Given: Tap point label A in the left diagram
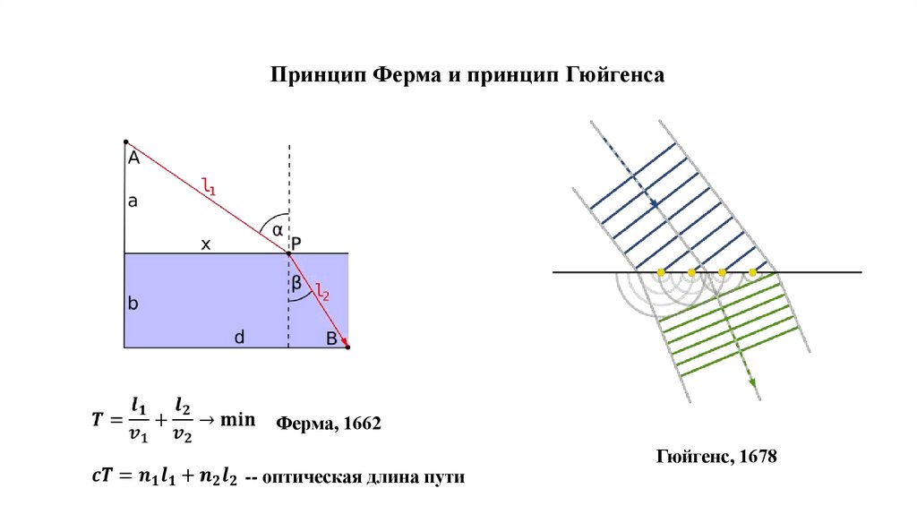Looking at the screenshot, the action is (x=133, y=158).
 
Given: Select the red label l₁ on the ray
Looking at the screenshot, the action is (x=209, y=187).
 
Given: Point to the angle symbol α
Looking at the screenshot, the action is (x=277, y=229).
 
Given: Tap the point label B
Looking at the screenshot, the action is (x=331, y=338).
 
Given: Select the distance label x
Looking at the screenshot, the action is (x=205, y=243).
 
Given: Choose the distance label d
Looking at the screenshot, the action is (x=239, y=337).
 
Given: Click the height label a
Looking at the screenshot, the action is (x=133, y=202).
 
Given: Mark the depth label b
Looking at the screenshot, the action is (x=133, y=303).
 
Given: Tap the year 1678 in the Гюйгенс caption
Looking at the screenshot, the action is (x=756, y=457).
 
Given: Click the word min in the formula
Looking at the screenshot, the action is (x=239, y=419).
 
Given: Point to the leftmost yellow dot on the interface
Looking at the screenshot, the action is (x=661, y=271).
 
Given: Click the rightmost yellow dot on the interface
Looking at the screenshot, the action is (x=752, y=271).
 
